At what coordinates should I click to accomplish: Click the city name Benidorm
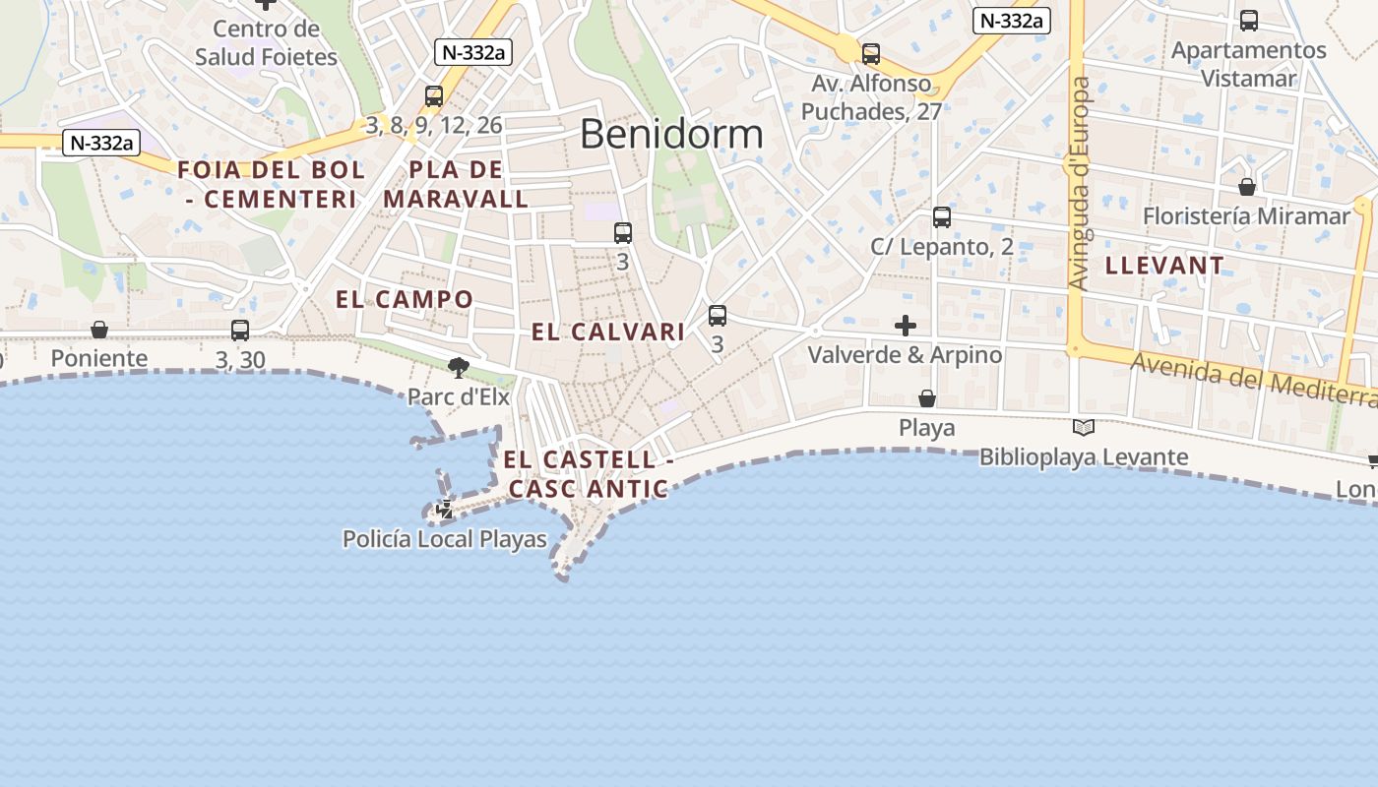[671, 134]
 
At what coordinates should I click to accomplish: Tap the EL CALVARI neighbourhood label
[607, 333]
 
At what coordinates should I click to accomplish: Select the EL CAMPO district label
[405, 299]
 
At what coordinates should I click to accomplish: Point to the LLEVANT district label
[1164, 266]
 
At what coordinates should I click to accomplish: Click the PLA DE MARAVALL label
[456, 184]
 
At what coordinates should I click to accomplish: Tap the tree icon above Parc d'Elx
[458, 368]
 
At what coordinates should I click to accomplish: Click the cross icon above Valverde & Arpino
[906, 326]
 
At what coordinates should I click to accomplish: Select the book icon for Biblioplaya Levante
[1084, 428]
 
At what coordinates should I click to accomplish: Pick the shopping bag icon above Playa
[927, 398]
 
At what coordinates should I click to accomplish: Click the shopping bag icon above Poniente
[99, 330]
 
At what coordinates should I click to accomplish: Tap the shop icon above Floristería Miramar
[1247, 187]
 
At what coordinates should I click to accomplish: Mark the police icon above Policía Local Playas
[445, 510]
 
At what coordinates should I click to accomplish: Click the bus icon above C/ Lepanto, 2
[942, 217]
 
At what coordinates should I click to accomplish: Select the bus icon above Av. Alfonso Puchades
[871, 54]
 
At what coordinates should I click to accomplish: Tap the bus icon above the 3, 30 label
[240, 331]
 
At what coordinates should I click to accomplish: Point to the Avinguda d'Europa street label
[1080, 184]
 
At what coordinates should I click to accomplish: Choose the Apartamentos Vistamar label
[1248, 64]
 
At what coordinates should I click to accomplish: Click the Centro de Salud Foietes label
[266, 42]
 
